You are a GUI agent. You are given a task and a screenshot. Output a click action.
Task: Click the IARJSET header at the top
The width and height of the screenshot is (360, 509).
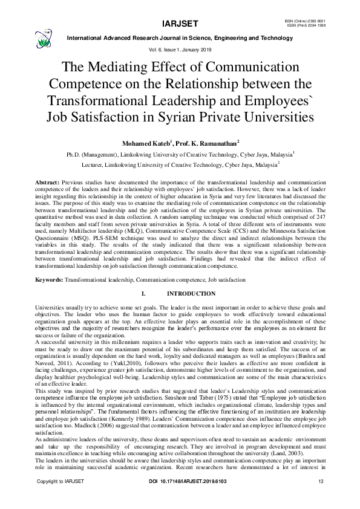(179, 24)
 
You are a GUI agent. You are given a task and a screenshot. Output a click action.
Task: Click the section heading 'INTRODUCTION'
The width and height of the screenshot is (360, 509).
(191, 294)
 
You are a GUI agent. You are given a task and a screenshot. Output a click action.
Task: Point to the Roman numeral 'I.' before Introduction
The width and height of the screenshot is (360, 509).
(143, 294)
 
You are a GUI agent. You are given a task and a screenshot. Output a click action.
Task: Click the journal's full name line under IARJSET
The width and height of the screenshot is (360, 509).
(180, 37)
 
